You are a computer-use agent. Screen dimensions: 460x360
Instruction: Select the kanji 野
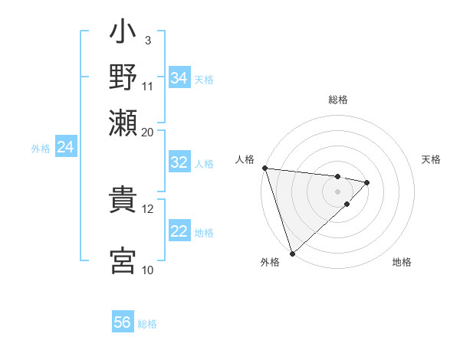123,77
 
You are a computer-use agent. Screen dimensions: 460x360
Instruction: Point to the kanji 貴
123,199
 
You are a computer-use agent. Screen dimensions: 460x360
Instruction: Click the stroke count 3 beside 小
146,39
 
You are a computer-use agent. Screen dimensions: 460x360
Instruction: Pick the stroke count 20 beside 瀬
148,132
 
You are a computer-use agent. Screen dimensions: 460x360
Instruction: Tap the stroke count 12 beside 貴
148,208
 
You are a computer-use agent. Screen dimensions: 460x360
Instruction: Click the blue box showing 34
179,78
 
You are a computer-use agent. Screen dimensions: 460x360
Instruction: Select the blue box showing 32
179,162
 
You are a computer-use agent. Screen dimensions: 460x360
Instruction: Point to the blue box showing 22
179,231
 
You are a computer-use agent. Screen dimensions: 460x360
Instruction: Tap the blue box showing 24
66,147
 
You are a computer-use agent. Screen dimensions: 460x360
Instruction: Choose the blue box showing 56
123,322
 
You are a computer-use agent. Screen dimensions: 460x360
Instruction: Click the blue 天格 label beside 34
204,80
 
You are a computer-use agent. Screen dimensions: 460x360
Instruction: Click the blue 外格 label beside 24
41,149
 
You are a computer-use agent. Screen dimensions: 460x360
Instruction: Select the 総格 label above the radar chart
338,100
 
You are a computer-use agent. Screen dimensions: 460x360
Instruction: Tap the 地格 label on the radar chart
402,263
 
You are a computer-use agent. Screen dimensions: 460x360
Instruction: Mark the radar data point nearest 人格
264,168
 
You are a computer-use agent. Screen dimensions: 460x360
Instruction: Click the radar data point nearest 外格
292,253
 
